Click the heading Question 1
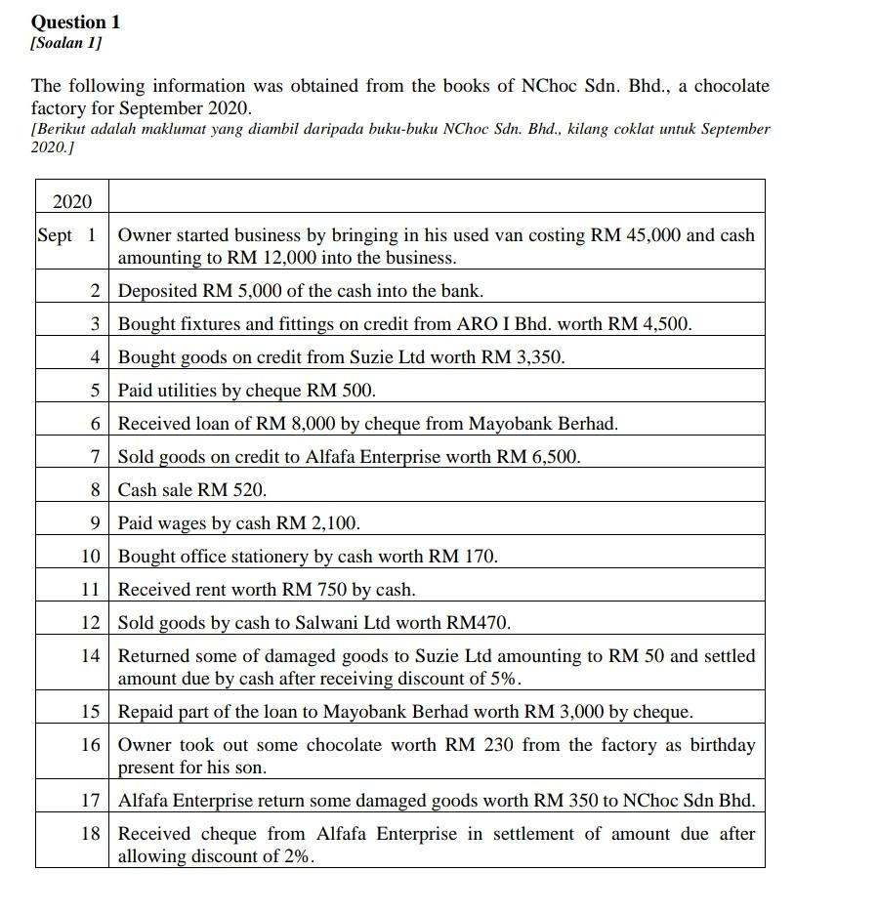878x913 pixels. pyautogui.click(x=75, y=21)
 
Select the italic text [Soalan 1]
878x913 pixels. pyautogui.click(x=66, y=44)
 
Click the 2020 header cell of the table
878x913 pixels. pyautogui.click(x=71, y=202)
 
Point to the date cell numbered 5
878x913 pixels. pyautogui.click(x=95, y=391)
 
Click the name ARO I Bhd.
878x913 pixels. pyautogui.click(x=509, y=324)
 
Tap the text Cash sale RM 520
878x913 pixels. pyautogui.click(x=192, y=490)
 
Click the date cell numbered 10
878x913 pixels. pyautogui.click(x=91, y=557)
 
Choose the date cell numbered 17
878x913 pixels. pyautogui.click(x=91, y=801)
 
